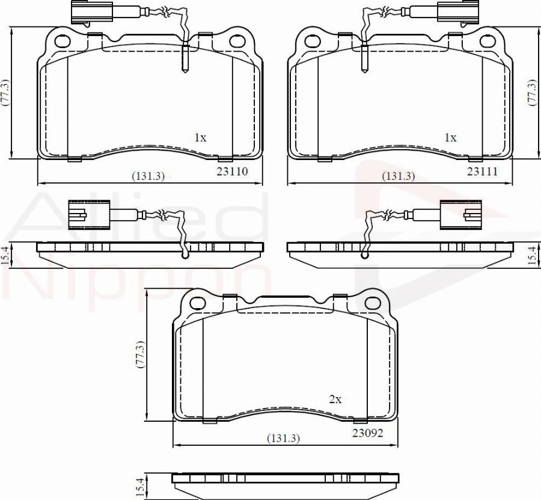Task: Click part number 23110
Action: (x=232, y=171)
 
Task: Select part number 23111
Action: (x=482, y=171)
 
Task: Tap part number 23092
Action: (x=367, y=433)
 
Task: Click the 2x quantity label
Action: (x=335, y=400)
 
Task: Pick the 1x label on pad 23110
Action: (x=200, y=138)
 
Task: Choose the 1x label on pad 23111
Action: (x=450, y=138)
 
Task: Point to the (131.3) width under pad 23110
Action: (x=148, y=176)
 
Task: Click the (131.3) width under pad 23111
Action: (x=399, y=176)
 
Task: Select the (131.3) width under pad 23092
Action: (x=284, y=438)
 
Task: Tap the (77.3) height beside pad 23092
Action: (x=139, y=354)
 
